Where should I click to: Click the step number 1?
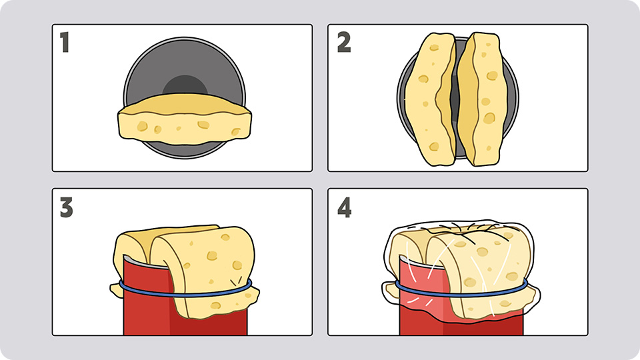coord(65,43)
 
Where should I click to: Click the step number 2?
coord(344,43)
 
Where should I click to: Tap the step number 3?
coord(66,207)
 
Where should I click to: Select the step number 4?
coord(345,207)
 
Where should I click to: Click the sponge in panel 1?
coord(185,119)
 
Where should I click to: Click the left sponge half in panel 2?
coord(430,99)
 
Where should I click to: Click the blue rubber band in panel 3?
coord(185,294)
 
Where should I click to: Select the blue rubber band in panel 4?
coord(461,294)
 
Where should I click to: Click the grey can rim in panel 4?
coord(421,262)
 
